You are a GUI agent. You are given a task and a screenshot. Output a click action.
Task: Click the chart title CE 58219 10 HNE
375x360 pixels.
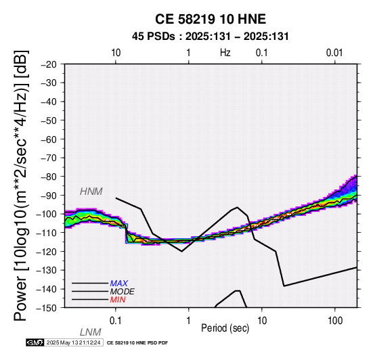[211, 19]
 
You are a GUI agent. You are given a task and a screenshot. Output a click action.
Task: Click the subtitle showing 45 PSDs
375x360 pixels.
[211, 37]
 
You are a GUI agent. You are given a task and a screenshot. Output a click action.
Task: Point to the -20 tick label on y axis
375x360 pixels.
[49, 64]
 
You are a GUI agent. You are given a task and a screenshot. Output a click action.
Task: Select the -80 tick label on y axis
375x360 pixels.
[49, 177]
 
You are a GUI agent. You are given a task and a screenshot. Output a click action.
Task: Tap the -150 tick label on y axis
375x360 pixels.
[47, 308]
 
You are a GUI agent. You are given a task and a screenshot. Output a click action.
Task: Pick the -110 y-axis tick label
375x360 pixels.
[47, 233]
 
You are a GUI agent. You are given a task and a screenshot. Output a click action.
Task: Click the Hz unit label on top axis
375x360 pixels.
[225, 53]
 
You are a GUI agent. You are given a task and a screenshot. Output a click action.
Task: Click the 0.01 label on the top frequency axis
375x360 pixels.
[334, 53]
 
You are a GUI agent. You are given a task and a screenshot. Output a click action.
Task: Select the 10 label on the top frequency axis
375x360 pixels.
[116, 53]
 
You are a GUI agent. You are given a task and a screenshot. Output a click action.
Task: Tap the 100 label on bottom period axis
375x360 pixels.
[335, 321]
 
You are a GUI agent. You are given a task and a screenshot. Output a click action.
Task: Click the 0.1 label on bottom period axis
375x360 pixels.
[116, 321]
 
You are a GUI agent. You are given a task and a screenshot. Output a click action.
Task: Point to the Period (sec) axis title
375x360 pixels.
[225, 328]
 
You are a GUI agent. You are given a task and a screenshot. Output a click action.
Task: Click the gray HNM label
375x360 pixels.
[91, 192]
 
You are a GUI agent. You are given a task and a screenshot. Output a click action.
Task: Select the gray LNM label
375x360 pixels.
[91, 332]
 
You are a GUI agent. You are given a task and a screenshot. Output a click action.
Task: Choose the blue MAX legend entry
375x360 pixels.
[119, 284]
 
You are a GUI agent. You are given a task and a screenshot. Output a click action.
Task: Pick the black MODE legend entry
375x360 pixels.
[123, 292]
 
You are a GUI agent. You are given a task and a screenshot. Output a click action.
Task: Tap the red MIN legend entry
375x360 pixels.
[118, 300]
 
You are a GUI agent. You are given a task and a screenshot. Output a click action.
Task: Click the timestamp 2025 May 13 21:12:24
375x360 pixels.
[73, 342]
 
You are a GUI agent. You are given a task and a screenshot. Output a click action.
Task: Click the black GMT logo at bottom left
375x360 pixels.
[35, 342]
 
